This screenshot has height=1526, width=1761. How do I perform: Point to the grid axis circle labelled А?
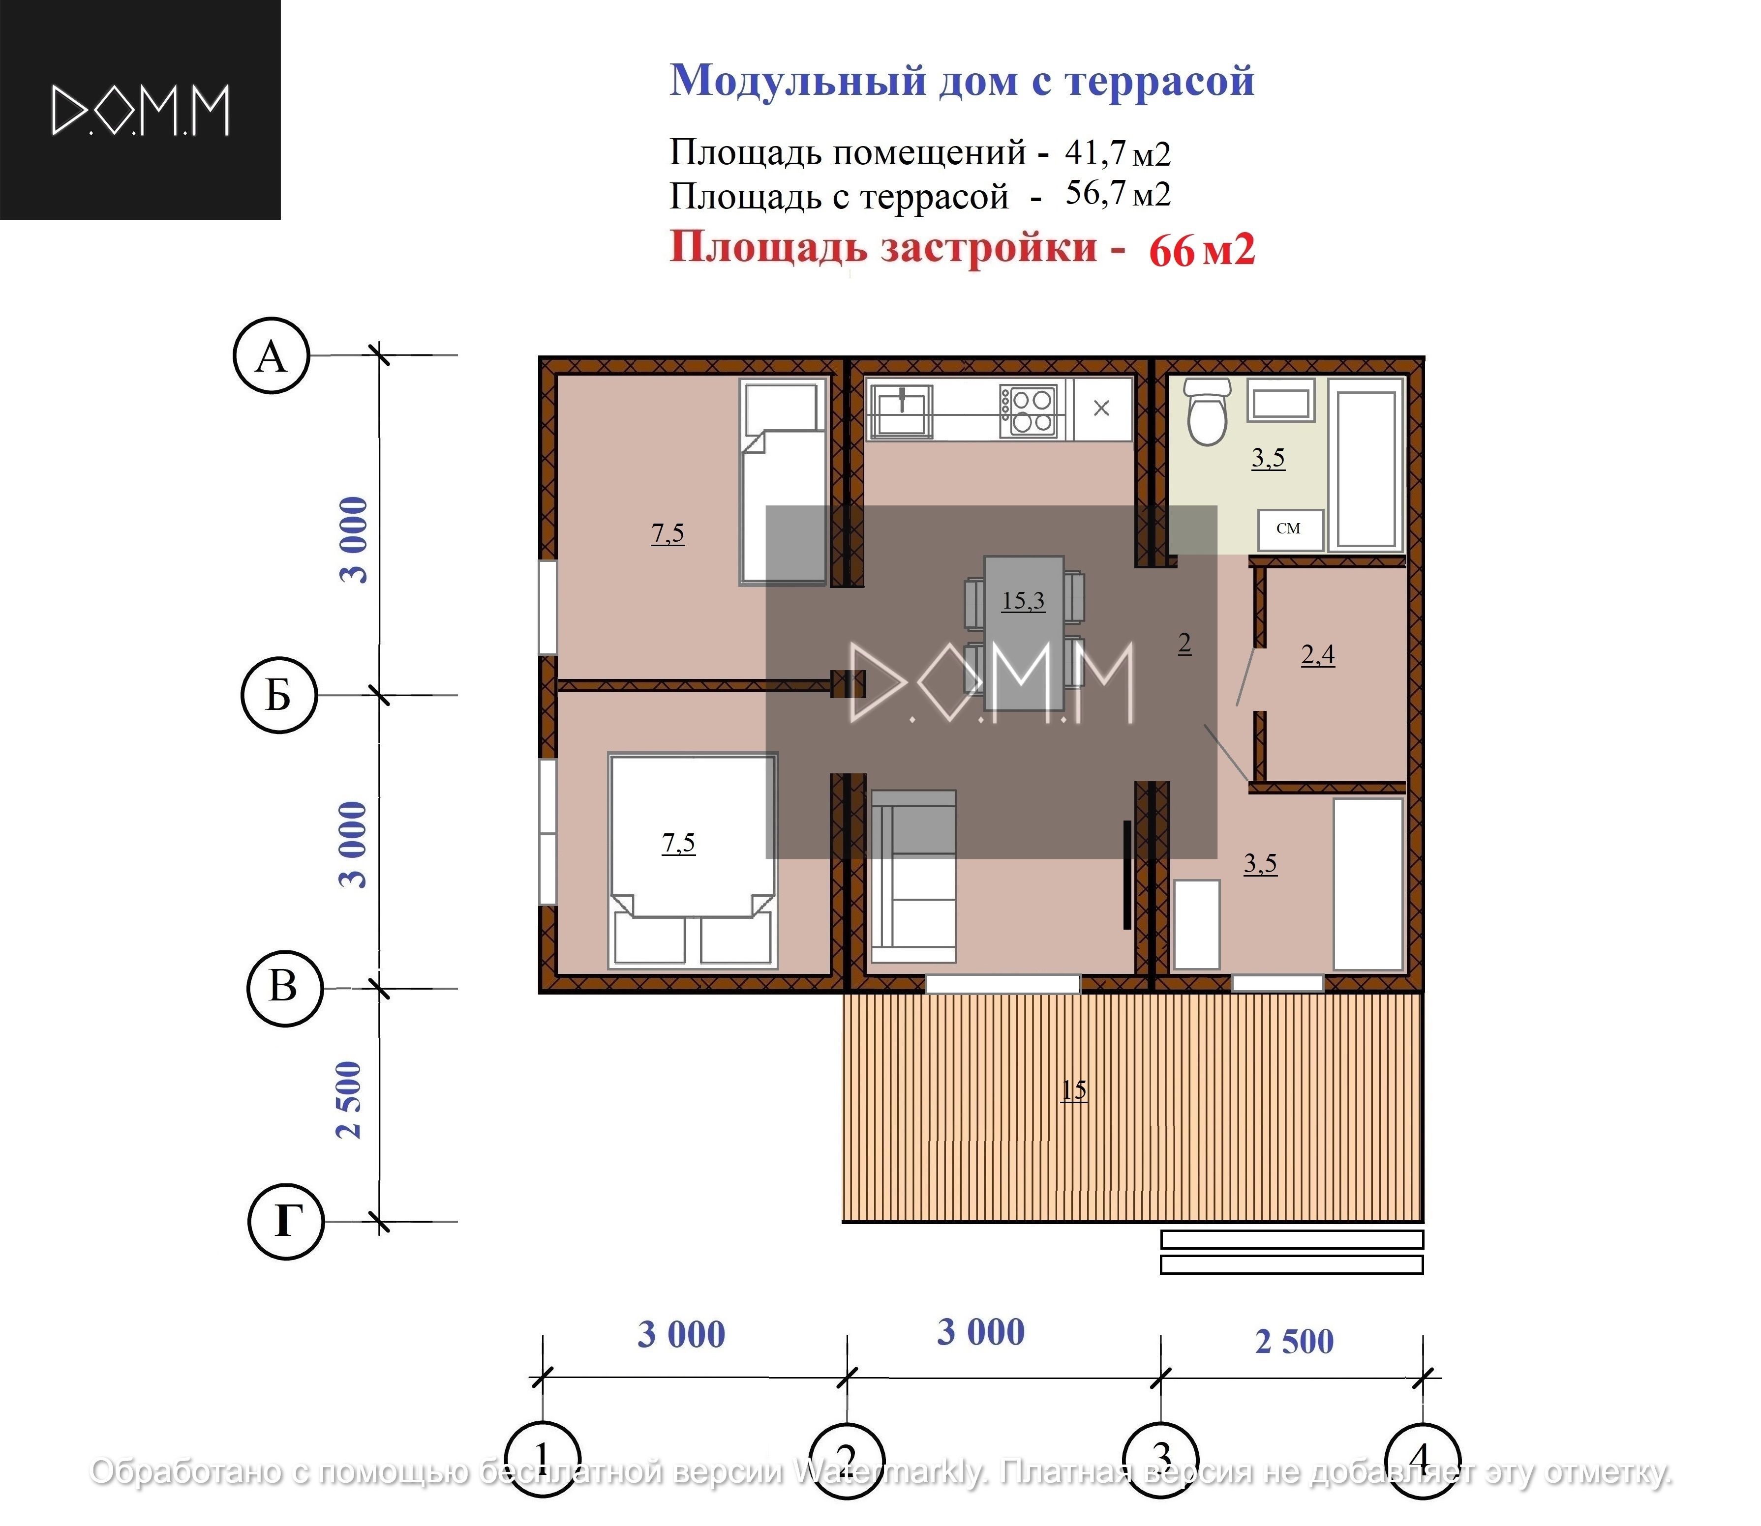click(x=271, y=356)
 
